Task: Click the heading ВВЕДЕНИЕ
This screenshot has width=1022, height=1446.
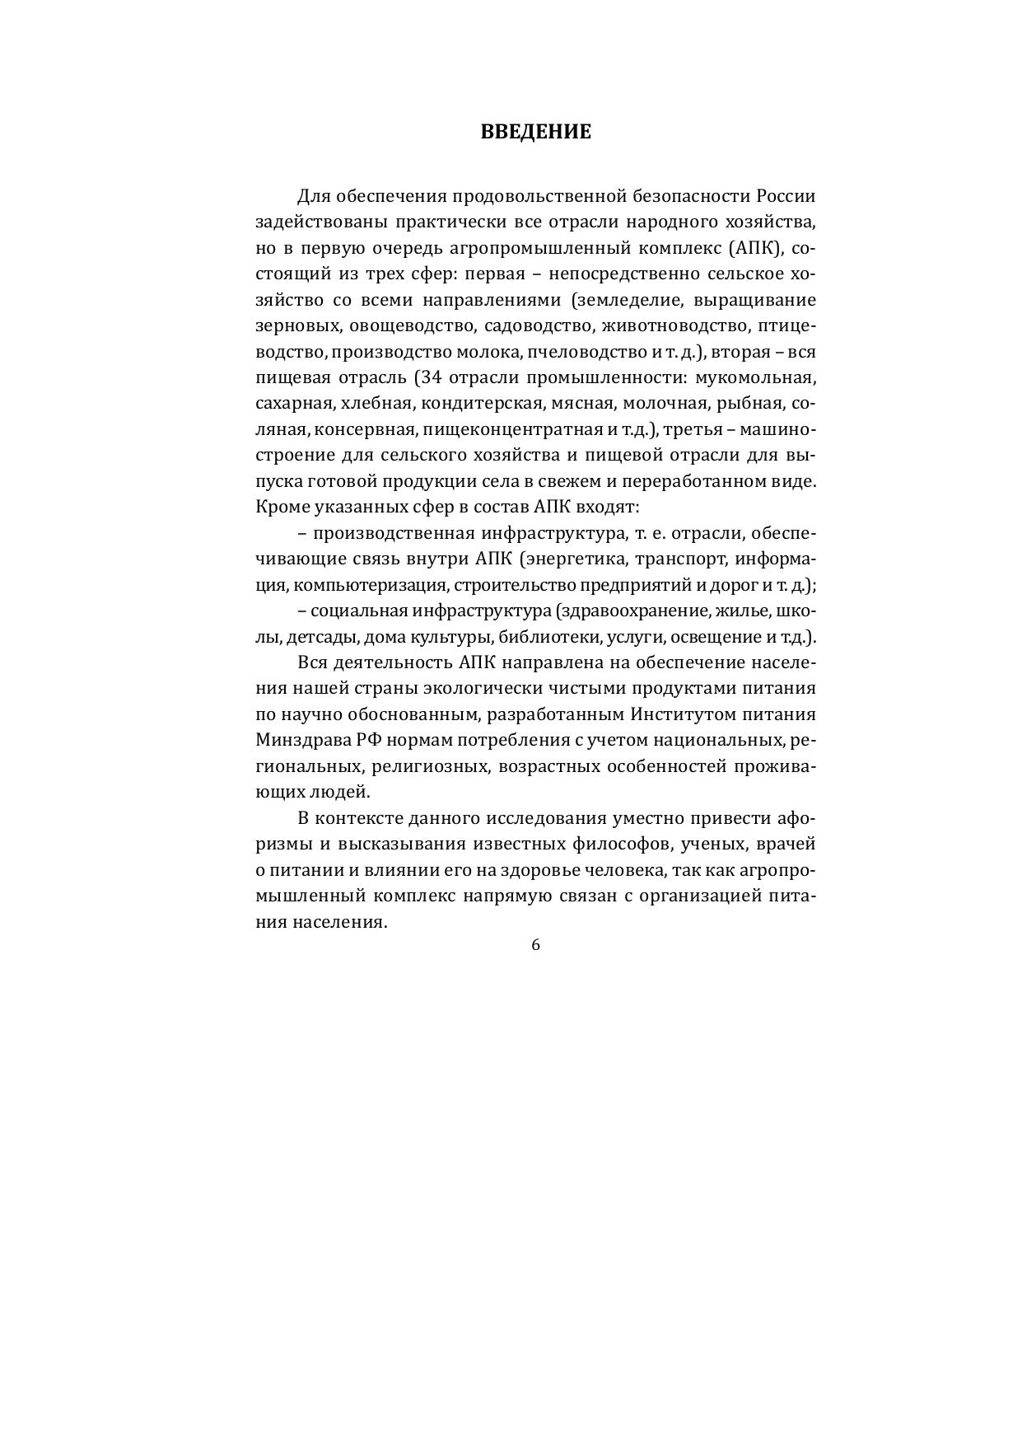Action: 535,132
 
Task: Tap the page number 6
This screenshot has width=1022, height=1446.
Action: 535,945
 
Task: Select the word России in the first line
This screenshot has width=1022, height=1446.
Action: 786,196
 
